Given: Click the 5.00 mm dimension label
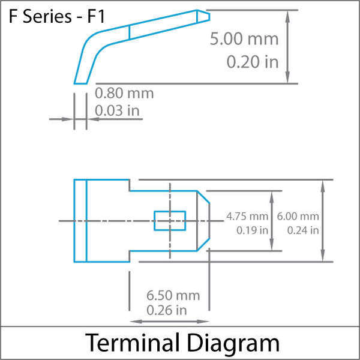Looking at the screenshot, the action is [x=244, y=39].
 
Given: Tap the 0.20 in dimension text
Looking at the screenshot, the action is [x=253, y=62].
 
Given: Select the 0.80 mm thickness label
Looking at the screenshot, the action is [x=124, y=94].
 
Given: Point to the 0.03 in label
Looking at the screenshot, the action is [x=117, y=110].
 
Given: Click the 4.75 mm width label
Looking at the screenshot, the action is [x=247, y=216].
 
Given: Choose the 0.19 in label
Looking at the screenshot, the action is [x=253, y=230].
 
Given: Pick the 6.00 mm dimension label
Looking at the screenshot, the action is [x=298, y=216].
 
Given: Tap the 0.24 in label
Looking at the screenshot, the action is [x=303, y=230].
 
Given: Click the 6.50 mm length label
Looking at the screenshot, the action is [x=173, y=295].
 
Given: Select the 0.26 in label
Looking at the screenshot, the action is [x=167, y=310].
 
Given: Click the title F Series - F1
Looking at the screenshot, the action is [x=57, y=17].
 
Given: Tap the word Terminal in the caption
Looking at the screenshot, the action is [x=133, y=343].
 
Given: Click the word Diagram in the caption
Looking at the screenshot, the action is [x=233, y=343].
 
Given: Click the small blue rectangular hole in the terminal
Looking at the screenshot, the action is [x=170, y=221].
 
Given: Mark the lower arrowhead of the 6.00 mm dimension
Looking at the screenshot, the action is [x=323, y=256].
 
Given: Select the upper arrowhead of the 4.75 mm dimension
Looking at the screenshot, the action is [x=272, y=197].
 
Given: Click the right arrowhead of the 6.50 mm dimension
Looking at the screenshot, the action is [x=203, y=322].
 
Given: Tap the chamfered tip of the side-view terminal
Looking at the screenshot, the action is [x=203, y=16].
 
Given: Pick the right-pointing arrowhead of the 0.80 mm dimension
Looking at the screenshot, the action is [x=67, y=119].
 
